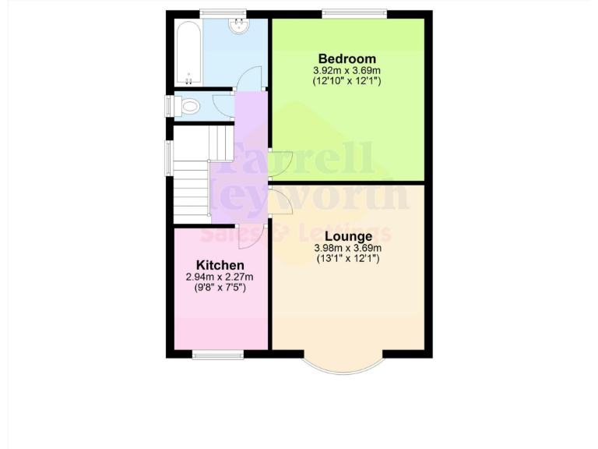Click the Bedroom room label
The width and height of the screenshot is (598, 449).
point(346,58)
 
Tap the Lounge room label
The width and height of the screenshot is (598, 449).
point(347,236)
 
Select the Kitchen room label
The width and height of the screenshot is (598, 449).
point(220,265)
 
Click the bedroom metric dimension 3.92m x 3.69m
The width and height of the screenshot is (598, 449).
point(346,70)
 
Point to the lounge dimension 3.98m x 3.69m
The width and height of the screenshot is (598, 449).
point(347,248)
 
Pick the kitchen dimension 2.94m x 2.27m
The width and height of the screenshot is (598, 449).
point(220,277)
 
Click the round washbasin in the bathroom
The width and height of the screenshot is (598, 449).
point(238,27)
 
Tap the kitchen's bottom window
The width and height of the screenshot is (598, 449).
point(218,355)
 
